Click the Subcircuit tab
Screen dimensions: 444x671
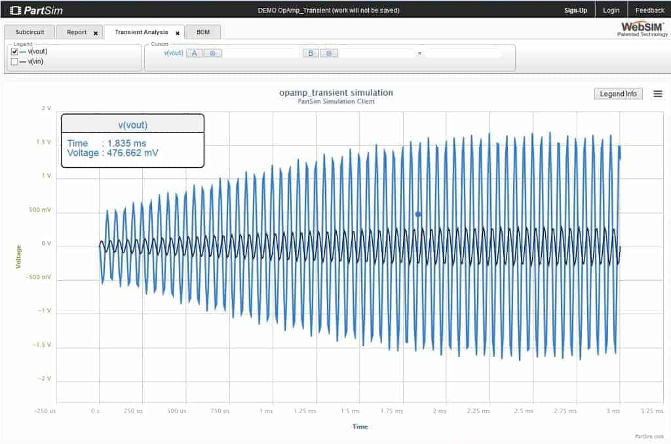point(29,32)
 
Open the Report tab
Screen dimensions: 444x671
point(77,32)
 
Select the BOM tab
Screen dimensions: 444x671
point(203,32)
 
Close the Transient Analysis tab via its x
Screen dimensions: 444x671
point(178,33)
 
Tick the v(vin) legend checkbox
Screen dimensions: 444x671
point(14,62)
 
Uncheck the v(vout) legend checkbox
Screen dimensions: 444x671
point(14,52)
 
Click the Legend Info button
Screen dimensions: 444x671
point(618,94)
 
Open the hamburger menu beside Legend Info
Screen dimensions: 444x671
point(657,94)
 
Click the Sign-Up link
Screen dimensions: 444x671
point(575,10)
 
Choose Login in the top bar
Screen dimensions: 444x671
point(611,10)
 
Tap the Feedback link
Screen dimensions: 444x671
point(649,10)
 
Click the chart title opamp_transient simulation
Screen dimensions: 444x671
point(335,92)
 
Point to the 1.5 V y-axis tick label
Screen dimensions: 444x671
point(44,142)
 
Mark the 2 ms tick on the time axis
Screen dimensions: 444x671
point(439,411)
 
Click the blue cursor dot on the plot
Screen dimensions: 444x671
point(418,214)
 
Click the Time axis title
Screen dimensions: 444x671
point(360,426)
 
